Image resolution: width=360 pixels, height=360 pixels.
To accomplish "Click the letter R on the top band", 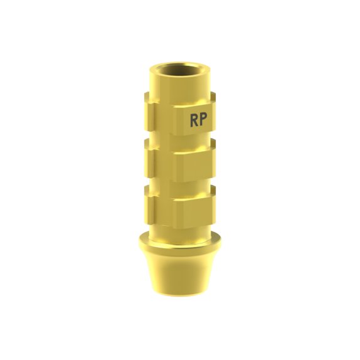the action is pos(194,120).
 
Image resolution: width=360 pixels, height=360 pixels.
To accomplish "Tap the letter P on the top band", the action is pos(204,120).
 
